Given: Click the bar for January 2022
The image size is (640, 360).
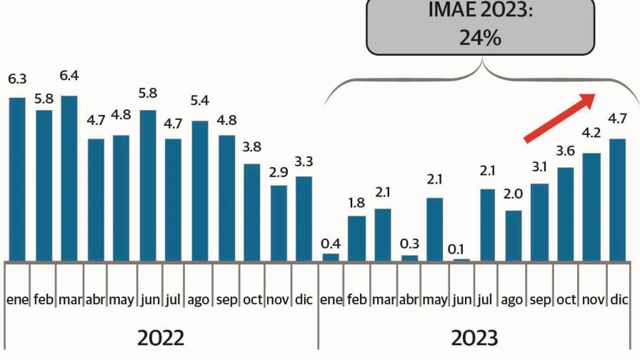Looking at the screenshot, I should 18,179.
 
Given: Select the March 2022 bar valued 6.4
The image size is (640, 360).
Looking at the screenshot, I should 69,179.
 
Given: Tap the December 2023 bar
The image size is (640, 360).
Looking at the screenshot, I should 617,200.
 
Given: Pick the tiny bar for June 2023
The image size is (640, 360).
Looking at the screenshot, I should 461,260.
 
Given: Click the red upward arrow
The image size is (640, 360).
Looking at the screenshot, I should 561,117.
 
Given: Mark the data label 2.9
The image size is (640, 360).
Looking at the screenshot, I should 277,172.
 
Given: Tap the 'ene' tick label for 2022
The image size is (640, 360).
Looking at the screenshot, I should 17,300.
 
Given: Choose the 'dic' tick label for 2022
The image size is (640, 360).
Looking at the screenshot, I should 304,300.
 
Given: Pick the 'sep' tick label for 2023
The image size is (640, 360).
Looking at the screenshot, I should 539,300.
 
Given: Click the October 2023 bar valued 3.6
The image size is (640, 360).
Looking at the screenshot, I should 566,214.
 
